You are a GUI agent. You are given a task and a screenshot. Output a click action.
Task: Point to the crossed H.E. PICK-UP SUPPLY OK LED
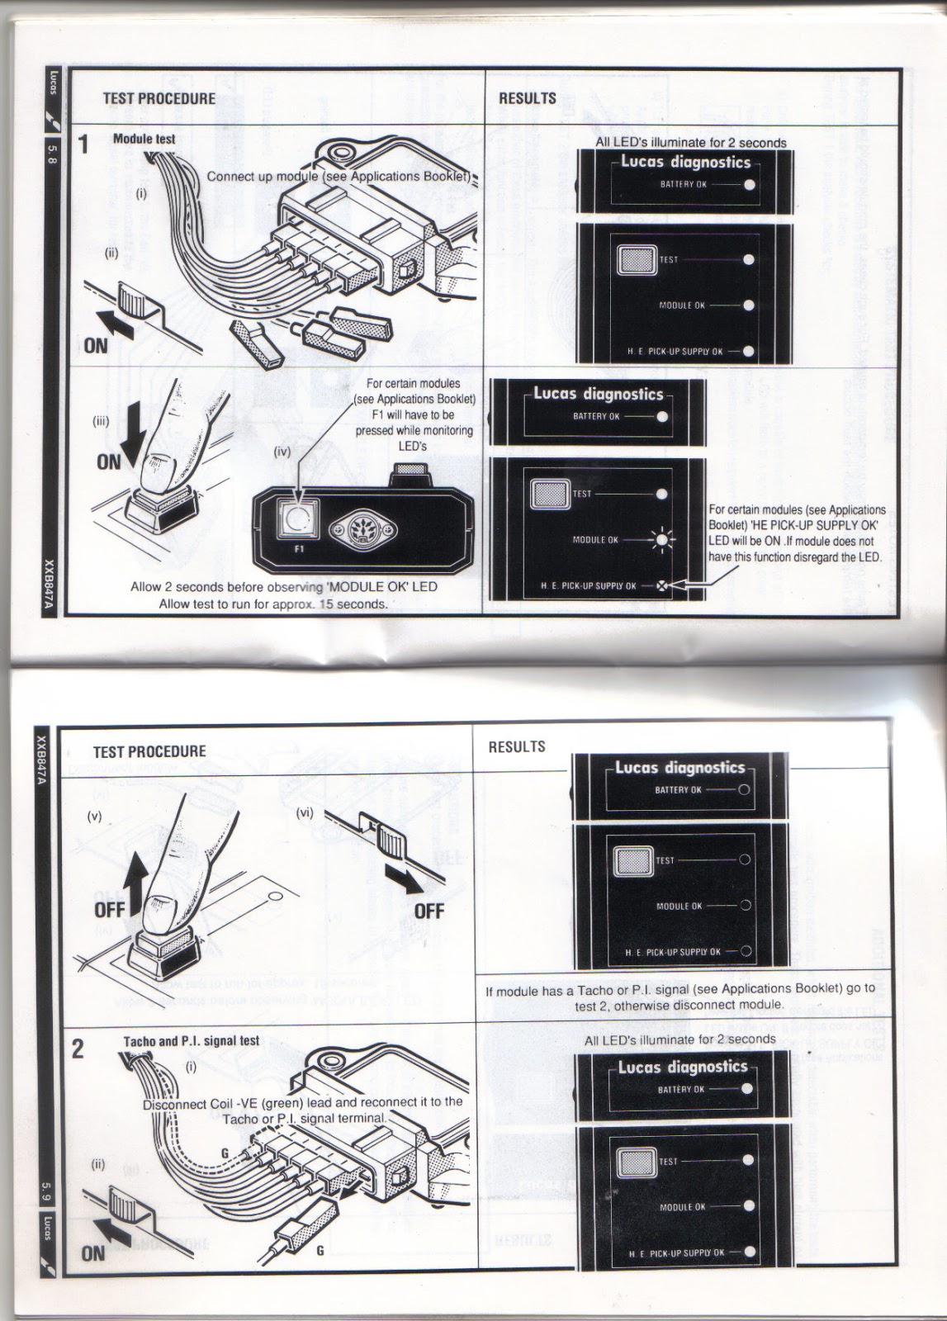[x=661, y=587]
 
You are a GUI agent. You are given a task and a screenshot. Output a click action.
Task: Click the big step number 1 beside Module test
[x=83, y=144]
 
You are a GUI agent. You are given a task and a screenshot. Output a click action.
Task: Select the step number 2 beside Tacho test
[x=78, y=1049]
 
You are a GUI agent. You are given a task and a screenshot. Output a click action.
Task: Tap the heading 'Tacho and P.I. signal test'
[x=191, y=1041]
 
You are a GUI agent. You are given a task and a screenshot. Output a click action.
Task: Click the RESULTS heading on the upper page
[x=527, y=98]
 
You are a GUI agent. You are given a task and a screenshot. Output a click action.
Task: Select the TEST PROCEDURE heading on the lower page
[x=149, y=752]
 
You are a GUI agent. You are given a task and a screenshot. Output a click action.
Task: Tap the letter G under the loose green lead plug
[x=320, y=1251]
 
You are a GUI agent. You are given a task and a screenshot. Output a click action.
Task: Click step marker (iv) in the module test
[x=282, y=453]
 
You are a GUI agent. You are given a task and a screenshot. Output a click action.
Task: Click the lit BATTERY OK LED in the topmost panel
[x=749, y=185]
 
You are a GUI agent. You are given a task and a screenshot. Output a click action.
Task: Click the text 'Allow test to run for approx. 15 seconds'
[x=272, y=604]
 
